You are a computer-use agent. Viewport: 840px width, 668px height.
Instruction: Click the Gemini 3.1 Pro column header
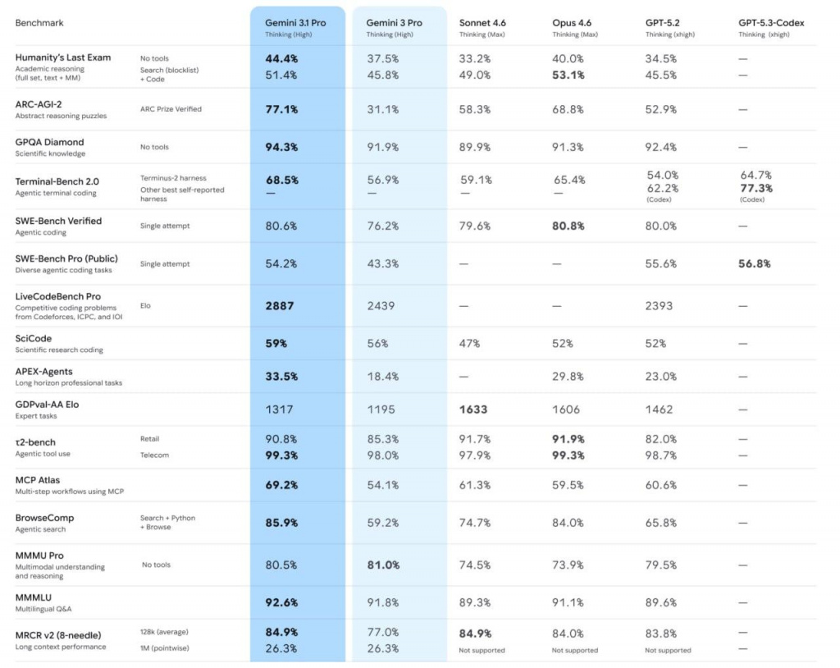(295, 23)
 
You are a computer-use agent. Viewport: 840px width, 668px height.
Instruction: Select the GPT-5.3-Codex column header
(771, 23)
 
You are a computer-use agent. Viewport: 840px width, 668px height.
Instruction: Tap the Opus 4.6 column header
(576, 23)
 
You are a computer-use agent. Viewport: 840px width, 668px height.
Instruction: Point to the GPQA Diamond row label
(49, 142)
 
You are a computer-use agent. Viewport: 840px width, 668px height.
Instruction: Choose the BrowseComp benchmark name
(44, 518)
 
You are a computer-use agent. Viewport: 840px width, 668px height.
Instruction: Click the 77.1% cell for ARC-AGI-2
(281, 109)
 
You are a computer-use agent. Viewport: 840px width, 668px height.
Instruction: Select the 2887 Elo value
(279, 306)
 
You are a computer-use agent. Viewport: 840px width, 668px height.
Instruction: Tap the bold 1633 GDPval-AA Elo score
(473, 409)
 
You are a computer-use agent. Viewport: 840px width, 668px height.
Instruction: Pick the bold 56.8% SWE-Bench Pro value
(754, 263)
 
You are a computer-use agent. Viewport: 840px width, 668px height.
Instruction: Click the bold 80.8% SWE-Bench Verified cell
(568, 226)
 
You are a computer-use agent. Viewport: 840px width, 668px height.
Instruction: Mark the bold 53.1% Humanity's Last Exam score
(568, 75)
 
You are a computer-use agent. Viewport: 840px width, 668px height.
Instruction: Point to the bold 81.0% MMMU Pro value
(384, 565)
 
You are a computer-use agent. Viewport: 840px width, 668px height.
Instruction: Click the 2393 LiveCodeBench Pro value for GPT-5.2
(659, 306)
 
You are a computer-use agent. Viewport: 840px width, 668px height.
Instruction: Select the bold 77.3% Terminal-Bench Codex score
(756, 188)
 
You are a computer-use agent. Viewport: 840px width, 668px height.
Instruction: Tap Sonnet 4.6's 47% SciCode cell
(470, 344)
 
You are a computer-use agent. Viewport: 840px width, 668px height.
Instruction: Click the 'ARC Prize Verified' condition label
(171, 109)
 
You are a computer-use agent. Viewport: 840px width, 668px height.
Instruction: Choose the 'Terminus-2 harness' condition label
(173, 178)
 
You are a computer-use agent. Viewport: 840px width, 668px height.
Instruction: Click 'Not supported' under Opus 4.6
(575, 651)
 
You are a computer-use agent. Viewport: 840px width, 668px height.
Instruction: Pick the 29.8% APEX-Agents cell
(568, 377)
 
